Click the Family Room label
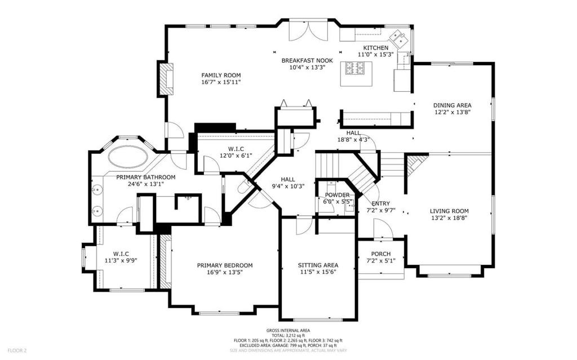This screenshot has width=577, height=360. tap(221, 75)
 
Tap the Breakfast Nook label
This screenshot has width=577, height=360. tap(307, 60)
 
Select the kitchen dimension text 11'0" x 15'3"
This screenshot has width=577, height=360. tap(375, 55)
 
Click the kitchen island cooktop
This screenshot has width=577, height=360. tap(357, 69)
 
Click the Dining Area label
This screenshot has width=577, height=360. tap(452, 105)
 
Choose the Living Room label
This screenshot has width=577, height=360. tap(449, 211)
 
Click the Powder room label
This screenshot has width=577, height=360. tap(337, 195)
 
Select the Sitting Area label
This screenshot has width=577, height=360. tap(318, 265)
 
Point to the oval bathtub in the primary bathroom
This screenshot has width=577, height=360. tap(129, 156)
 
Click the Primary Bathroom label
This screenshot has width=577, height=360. tap(146, 177)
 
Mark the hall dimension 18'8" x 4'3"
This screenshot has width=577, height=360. tap(353, 140)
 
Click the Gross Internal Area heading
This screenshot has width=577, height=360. tap(288, 330)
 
